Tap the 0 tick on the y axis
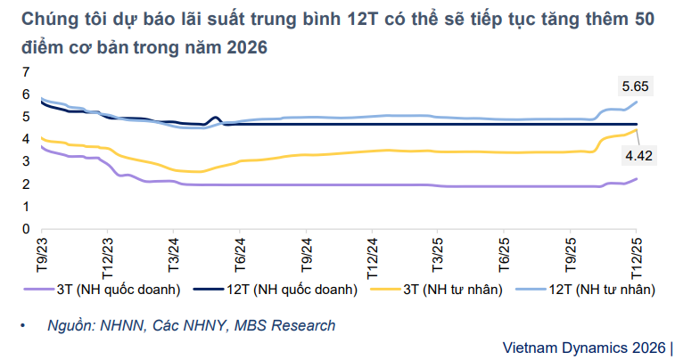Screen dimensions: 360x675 (x=27, y=229)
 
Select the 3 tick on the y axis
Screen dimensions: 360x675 (x=27, y=161)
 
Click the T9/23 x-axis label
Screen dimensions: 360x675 (x=42, y=252)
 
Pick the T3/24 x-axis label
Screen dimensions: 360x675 (x=174, y=252)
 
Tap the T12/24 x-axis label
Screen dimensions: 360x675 (x=372, y=254)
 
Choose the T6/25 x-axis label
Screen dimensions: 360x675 (x=505, y=252)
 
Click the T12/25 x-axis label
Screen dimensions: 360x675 (x=637, y=254)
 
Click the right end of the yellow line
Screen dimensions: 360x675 (x=637, y=130)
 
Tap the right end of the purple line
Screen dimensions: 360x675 (x=637, y=178)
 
